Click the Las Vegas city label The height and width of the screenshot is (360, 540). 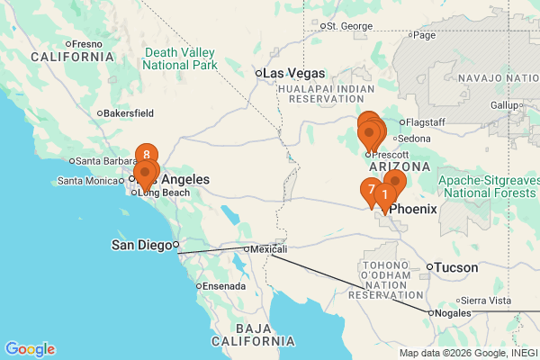294,73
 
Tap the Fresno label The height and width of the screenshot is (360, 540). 87,43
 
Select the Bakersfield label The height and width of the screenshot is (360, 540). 129,113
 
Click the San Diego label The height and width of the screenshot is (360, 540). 141,244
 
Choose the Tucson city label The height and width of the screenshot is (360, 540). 457,267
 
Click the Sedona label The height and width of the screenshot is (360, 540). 414,139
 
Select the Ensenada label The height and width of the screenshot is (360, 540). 224,286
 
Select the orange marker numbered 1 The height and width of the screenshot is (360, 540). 385,194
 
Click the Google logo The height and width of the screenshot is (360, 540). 30,349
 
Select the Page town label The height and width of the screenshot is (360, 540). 424,36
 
